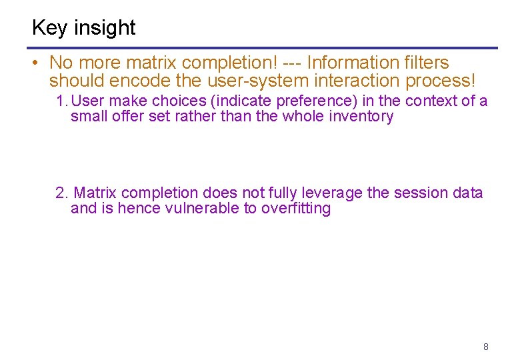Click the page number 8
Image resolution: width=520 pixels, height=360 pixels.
click(486, 347)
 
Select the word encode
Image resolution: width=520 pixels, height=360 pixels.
click(142, 81)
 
